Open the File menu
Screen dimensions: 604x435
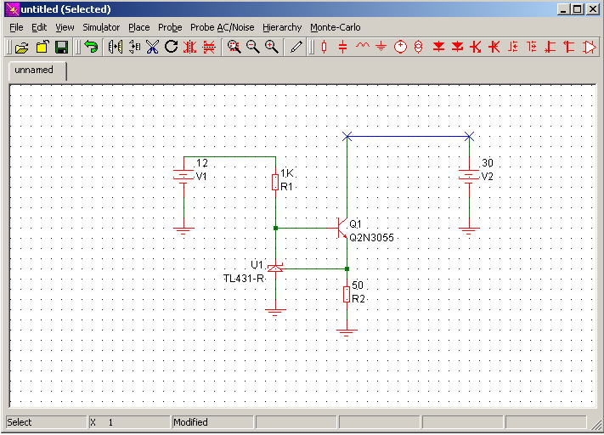click(16, 27)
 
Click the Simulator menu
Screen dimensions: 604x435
click(101, 27)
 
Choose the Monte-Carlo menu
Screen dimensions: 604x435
click(335, 27)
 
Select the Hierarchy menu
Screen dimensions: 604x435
click(282, 27)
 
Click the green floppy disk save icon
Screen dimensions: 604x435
click(62, 47)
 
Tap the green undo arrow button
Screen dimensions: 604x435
click(91, 47)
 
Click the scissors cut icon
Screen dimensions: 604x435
click(153, 47)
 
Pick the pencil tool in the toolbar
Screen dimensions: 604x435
click(296, 47)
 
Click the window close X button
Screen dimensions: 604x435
click(593, 9)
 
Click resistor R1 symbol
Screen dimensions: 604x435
click(275, 182)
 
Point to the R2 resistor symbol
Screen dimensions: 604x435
click(347, 294)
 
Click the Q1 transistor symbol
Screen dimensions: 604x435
click(341, 228)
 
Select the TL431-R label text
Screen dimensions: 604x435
click(244, 278)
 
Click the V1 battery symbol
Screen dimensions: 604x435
click(183, 176)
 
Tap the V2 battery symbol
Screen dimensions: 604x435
click(469, 176)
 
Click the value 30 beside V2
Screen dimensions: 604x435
click(488, 163)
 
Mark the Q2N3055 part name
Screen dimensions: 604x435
click(372, 237)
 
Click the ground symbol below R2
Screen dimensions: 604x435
click(347, 333)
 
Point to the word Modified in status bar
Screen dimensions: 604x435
click(190, 422)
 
